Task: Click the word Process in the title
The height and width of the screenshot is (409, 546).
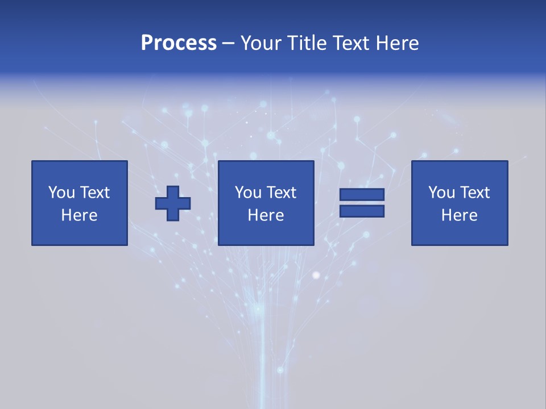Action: tap(179, 43)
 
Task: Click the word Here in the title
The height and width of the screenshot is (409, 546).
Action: tap(399, 43)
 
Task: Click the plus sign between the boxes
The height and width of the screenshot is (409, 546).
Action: tap(173, 203)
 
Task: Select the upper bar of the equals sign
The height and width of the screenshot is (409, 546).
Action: tap(362, 194)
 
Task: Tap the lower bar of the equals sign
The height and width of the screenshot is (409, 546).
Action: tap(362, 211)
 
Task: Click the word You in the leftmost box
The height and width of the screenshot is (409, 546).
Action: tap(61, 193)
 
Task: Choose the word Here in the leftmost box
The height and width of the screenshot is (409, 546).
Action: tap(79, 215)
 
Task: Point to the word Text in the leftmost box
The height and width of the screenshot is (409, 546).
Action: tap(94, 193)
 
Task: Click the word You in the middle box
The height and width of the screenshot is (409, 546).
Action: tap(248, 193)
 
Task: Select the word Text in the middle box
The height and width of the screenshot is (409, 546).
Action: tap(281, 193)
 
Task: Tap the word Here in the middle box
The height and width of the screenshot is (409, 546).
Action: tap(266, 215)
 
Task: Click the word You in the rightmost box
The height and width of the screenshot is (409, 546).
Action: tap(441, 193)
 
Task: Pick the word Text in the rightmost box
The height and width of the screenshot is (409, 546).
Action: tap(474, 193)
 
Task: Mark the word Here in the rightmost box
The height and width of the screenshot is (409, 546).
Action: tap(459, 215)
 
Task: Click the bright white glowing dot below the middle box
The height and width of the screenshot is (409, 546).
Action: tap(317, 276)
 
